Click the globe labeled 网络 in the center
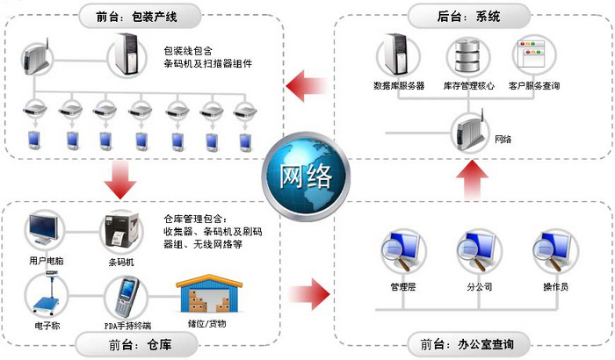pos(307,176)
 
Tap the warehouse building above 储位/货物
pos(208,295)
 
